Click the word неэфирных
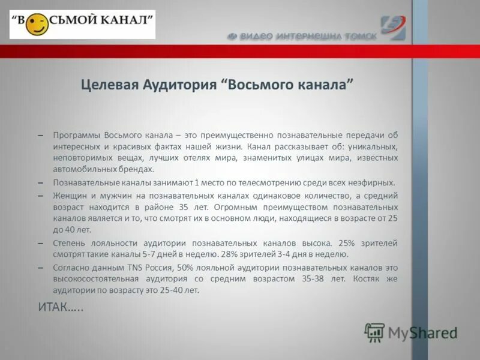373,182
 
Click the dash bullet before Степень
40,244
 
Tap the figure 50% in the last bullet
185,268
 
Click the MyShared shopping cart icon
375,332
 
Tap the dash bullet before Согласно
40,268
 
